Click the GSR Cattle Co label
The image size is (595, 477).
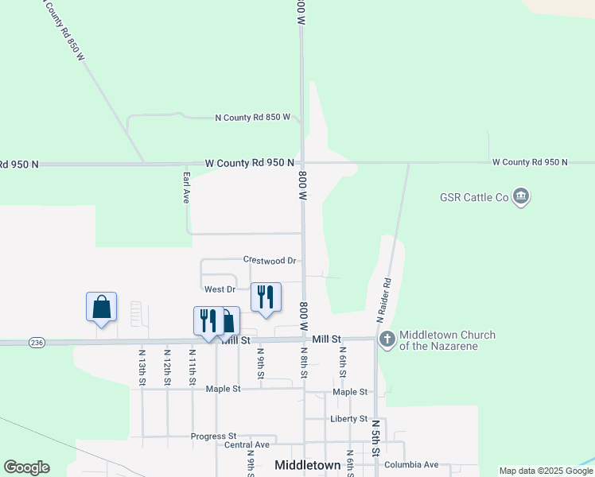474,196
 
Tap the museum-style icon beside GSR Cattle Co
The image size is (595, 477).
521,196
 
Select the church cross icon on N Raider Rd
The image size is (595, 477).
387,339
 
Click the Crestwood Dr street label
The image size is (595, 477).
270,260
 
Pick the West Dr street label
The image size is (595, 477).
220,289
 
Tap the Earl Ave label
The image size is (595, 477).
186,188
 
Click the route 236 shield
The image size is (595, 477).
37,342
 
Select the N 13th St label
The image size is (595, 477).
142,366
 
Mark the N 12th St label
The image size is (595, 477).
166,366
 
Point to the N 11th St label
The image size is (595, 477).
192,366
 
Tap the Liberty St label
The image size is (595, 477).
348,418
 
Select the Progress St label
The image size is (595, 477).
213,436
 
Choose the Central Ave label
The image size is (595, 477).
247,445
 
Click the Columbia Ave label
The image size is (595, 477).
410,464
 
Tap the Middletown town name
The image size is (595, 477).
307,465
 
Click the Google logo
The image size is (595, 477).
26,467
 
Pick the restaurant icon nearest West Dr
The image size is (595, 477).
266,297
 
